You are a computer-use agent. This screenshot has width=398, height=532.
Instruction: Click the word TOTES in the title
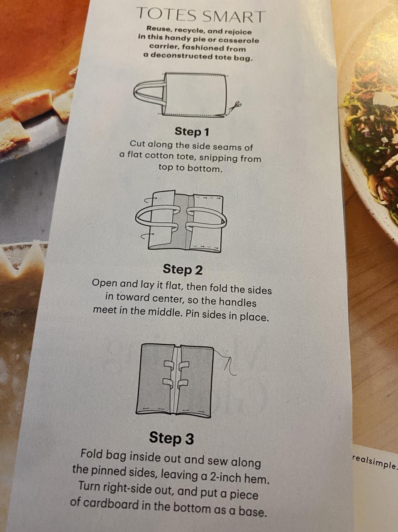point(166,15)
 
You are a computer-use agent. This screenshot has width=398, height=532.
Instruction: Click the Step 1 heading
point(192,132)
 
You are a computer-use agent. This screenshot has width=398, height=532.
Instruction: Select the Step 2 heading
point(183,269)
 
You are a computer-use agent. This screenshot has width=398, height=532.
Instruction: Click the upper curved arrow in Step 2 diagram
point(150,199)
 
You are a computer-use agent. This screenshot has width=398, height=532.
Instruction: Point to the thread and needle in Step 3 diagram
point(226,363)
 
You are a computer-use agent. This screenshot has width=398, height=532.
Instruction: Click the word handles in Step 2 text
point(237,302)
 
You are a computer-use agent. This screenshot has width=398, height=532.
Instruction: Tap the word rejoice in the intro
point(238,32)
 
